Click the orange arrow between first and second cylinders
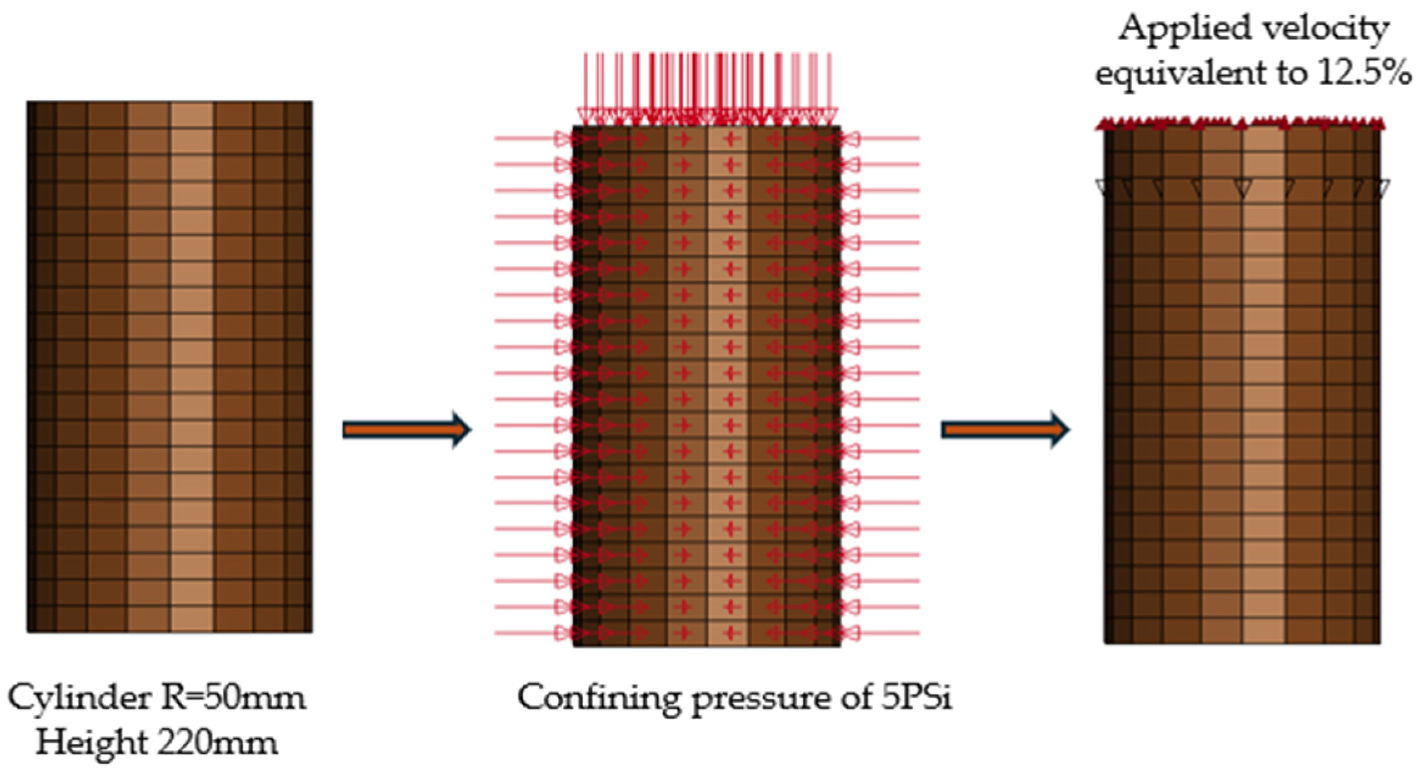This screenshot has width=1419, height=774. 406,430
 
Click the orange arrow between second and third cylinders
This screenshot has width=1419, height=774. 1005,430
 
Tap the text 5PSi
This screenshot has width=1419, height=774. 916,698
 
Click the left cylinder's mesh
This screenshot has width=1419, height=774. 169,367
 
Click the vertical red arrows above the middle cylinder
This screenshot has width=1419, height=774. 707,87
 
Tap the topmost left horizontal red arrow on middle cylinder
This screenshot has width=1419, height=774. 531,138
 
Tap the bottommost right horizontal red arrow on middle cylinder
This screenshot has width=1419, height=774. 887,633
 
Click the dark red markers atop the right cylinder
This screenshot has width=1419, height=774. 1240,124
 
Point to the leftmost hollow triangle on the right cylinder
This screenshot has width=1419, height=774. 1105,187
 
